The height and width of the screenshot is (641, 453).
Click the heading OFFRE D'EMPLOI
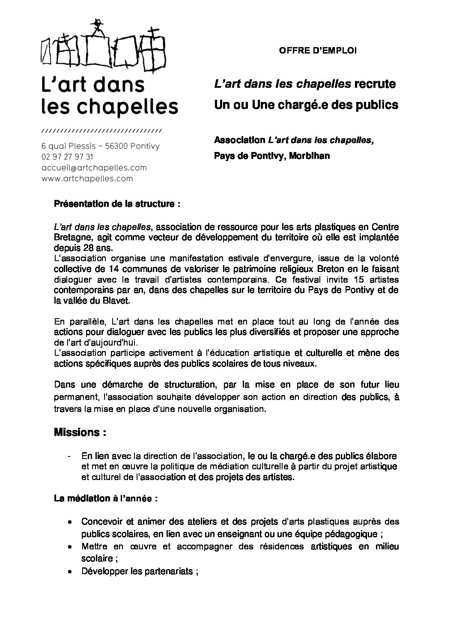(317, 51)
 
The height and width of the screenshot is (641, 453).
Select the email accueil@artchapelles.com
(94, 167)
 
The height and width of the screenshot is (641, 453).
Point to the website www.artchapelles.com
(87, 178)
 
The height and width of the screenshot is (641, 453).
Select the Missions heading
(80, 432)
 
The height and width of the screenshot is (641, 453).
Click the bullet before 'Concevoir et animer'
(69, 522)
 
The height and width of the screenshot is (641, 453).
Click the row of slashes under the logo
(102, 130)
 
